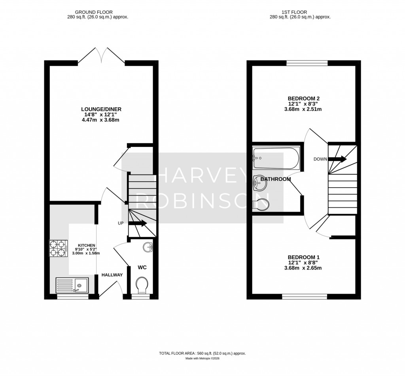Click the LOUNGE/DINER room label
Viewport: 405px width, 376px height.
pos(101,109)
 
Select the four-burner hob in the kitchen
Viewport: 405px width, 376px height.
pos(57,249)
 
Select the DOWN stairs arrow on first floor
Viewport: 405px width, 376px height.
pos(339,159)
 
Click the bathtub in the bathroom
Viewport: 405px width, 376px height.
pos(276,158)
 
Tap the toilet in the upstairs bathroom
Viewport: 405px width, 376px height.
pos(261,204)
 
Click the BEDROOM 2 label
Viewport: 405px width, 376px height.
pos(303,99)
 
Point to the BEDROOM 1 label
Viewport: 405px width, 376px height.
pos(303,256)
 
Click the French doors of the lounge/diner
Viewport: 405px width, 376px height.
pos(102,55)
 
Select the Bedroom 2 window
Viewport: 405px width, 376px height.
pos(307,63)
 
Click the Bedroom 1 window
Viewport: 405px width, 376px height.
pos(305,296)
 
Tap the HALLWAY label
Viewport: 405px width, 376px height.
pos(112,275)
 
